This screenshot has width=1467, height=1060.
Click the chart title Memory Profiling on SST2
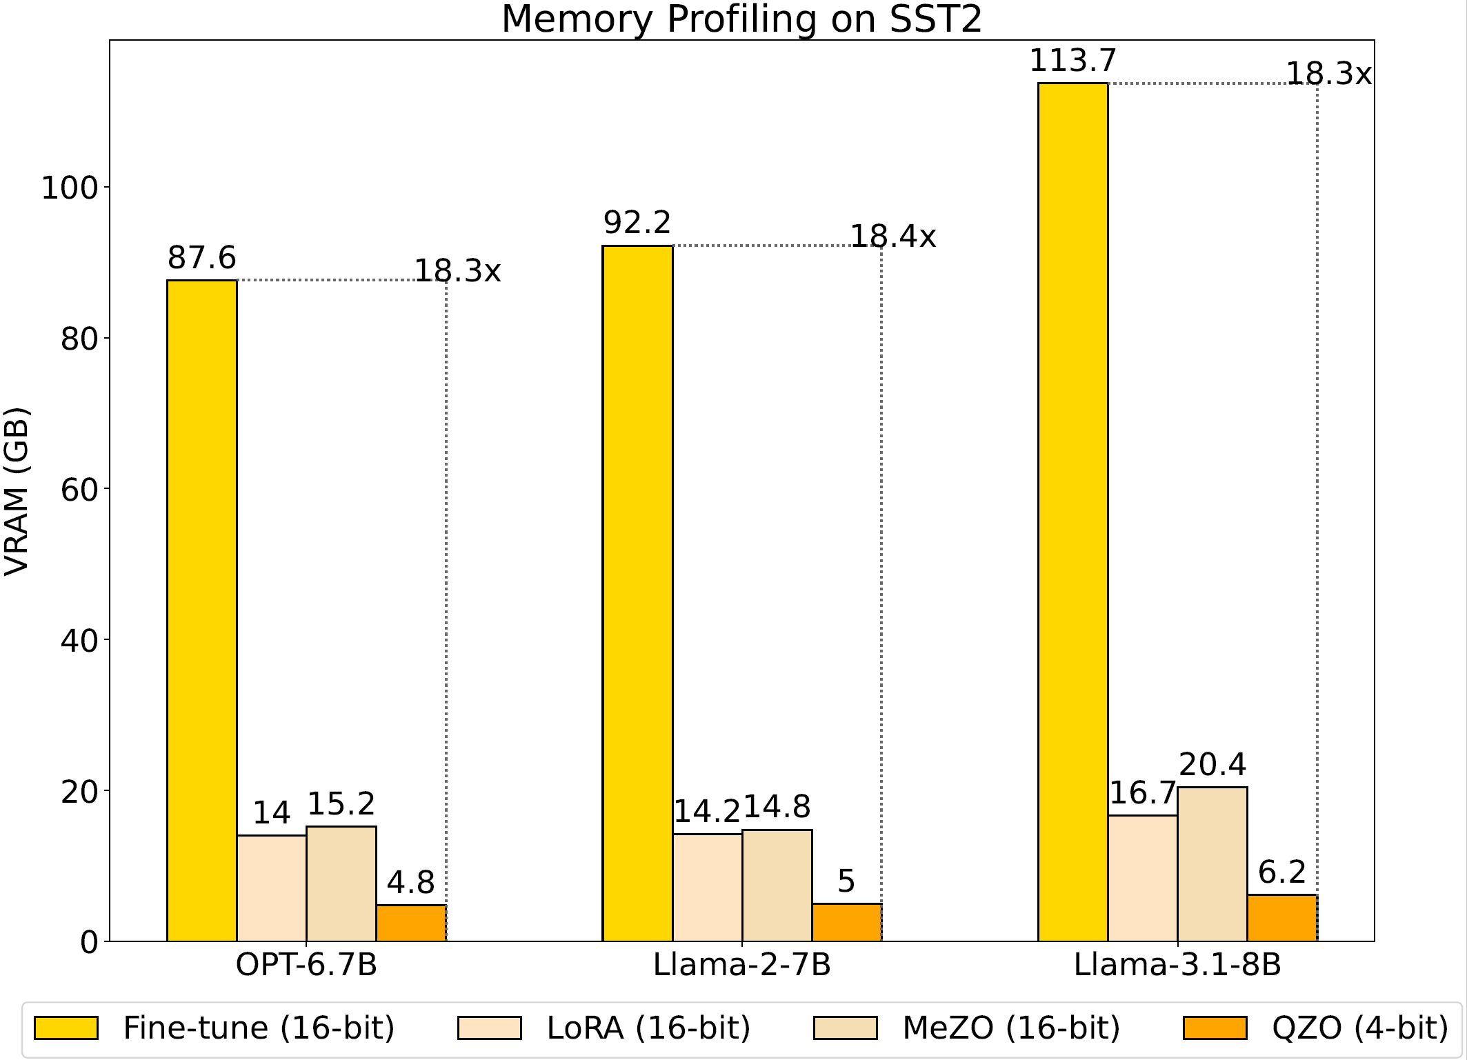(741, 19)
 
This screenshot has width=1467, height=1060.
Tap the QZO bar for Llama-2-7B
(846, 922)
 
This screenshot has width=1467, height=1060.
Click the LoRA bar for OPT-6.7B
(272, 888)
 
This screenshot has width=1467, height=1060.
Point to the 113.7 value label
(1072, 61)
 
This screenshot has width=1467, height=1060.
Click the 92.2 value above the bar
(637, 223)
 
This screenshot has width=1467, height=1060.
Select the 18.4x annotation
(892, 237)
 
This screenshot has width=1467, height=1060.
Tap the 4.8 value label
(411, 883)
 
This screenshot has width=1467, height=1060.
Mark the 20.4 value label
(1212, 765)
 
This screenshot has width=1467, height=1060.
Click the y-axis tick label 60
(79, 490)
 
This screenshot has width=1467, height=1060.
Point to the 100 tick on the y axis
(70, 188)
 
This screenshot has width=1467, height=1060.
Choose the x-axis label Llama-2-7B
(742, 964)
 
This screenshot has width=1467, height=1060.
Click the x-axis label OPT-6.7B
(306, 964)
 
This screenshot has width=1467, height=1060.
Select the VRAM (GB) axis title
(17, 491)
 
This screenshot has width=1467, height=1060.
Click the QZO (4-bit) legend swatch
(1215, 1028)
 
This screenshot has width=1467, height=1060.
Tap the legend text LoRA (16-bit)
(648, 1028)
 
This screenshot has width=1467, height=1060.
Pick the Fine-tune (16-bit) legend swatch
(66, 1028)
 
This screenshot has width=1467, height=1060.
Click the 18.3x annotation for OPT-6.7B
(457, 271)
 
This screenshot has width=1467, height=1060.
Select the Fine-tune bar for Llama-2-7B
(637, 593)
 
